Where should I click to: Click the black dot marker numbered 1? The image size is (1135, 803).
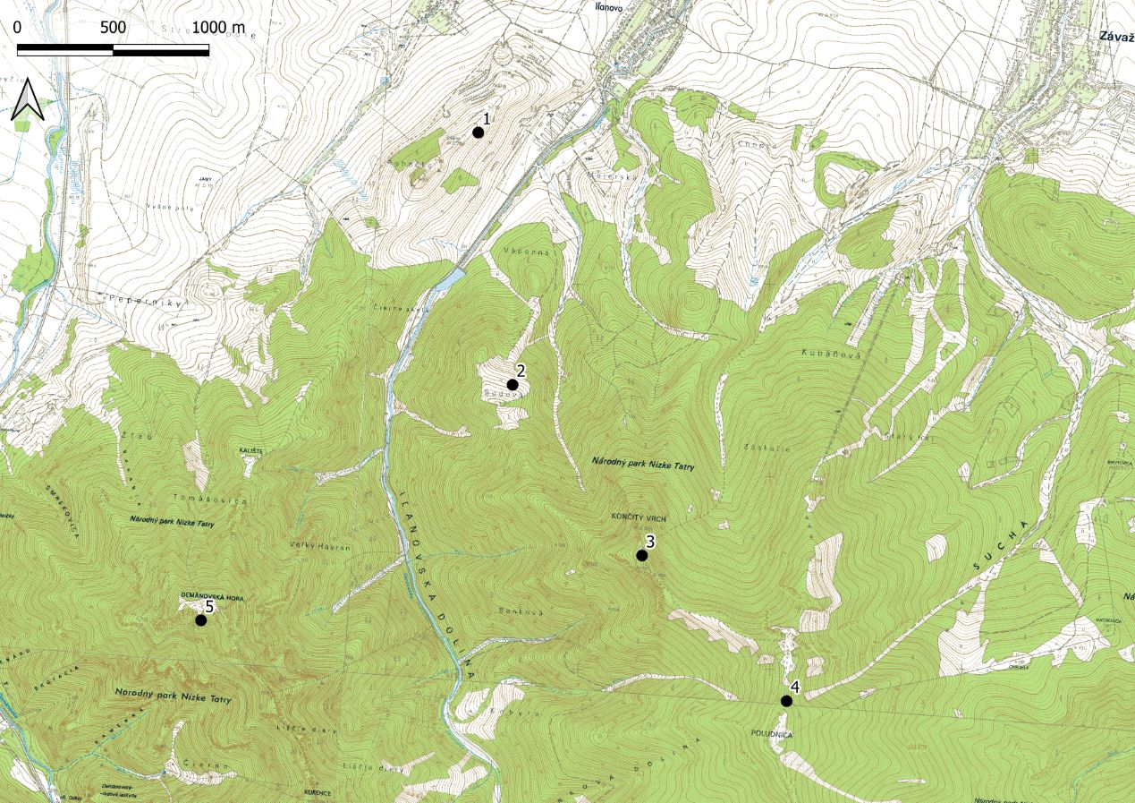pyautogui.click(x=478, y=132)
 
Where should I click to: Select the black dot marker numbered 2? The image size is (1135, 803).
pyautogui.click(x=512, y=385)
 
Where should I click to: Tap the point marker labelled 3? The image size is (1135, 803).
pyautogui.click(x=641, y=556)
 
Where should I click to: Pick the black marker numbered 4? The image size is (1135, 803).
pyautogui.click(x=786, y=701)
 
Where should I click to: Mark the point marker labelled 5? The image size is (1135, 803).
pyautogui.click(x=201, y=620)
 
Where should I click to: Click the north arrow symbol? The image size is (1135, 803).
pyautogui.click(x=28, y=99)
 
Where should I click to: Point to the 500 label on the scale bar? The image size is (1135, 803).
pyautogui.click(x=113, y=28)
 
